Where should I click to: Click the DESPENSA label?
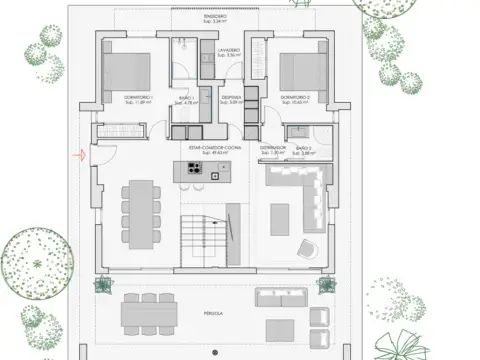pyautogui.click(x=231, y=97)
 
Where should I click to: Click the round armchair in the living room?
pyautogui.click(x=306, y=249)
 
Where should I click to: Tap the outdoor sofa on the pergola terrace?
pyautogui.click(x=280, y=298)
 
